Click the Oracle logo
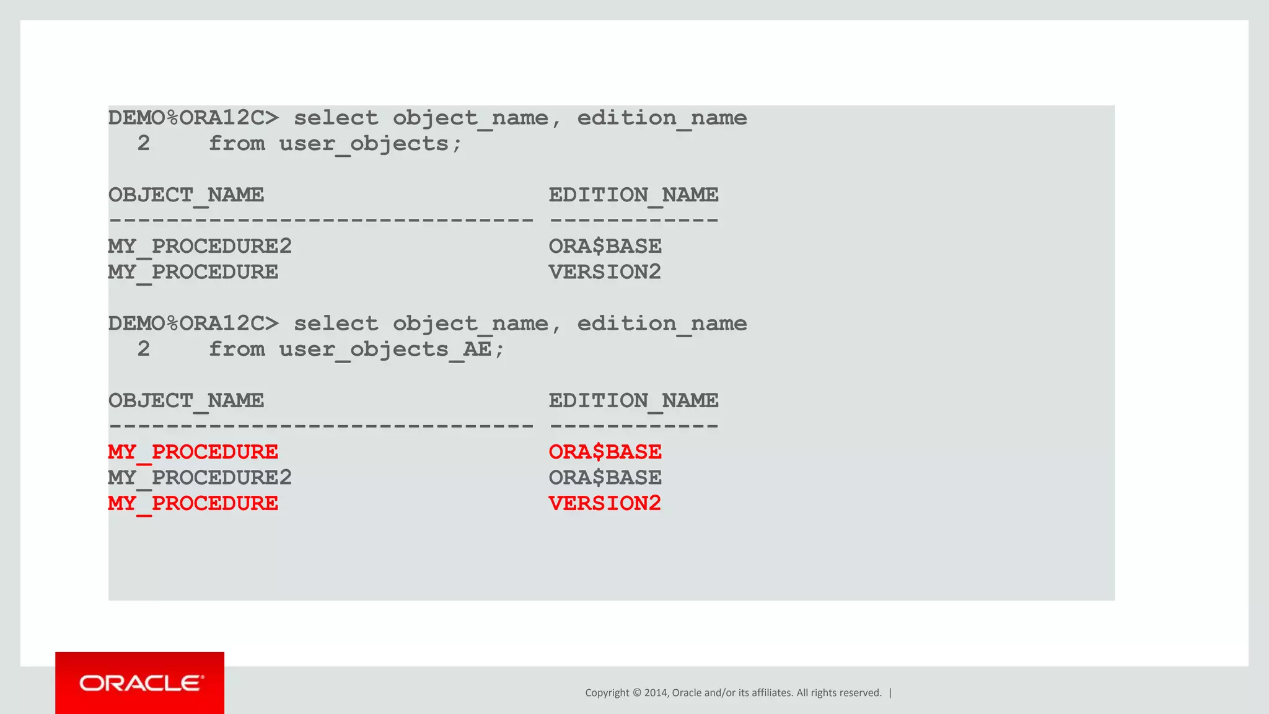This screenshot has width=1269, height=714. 141,683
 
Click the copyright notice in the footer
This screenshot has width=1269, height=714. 733,693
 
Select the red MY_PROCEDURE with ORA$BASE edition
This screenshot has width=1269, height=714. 193,452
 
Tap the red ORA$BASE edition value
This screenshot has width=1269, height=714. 605,452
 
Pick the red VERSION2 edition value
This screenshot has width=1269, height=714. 605,503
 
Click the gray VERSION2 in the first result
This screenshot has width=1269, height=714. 605,272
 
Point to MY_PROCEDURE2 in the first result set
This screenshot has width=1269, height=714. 200,247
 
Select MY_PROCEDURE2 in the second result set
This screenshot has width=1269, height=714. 200,478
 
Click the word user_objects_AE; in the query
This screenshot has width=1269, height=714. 392,350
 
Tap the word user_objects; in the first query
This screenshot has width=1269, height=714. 371,144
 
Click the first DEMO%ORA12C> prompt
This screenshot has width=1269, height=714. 193,118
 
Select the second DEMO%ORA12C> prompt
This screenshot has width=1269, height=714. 193,324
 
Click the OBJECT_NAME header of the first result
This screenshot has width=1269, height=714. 186,195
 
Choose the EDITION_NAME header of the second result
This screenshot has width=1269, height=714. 633,401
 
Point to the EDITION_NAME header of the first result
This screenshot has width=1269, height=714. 633,195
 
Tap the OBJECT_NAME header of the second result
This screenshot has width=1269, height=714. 186,401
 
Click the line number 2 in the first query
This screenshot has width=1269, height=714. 144,144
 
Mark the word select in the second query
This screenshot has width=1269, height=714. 335,324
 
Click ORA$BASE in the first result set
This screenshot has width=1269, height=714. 605,247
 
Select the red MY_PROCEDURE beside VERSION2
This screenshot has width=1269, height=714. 193,503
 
